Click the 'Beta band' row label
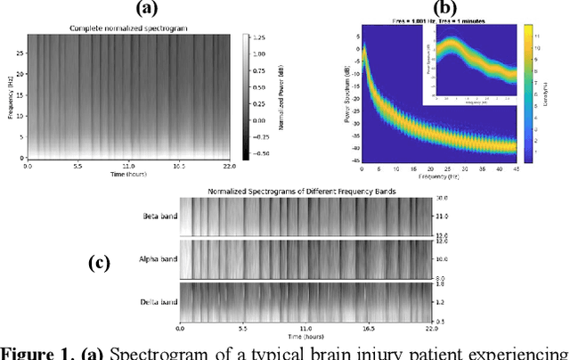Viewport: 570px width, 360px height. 159,217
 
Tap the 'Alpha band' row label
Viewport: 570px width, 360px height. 159,259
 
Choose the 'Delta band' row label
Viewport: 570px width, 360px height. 159,302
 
